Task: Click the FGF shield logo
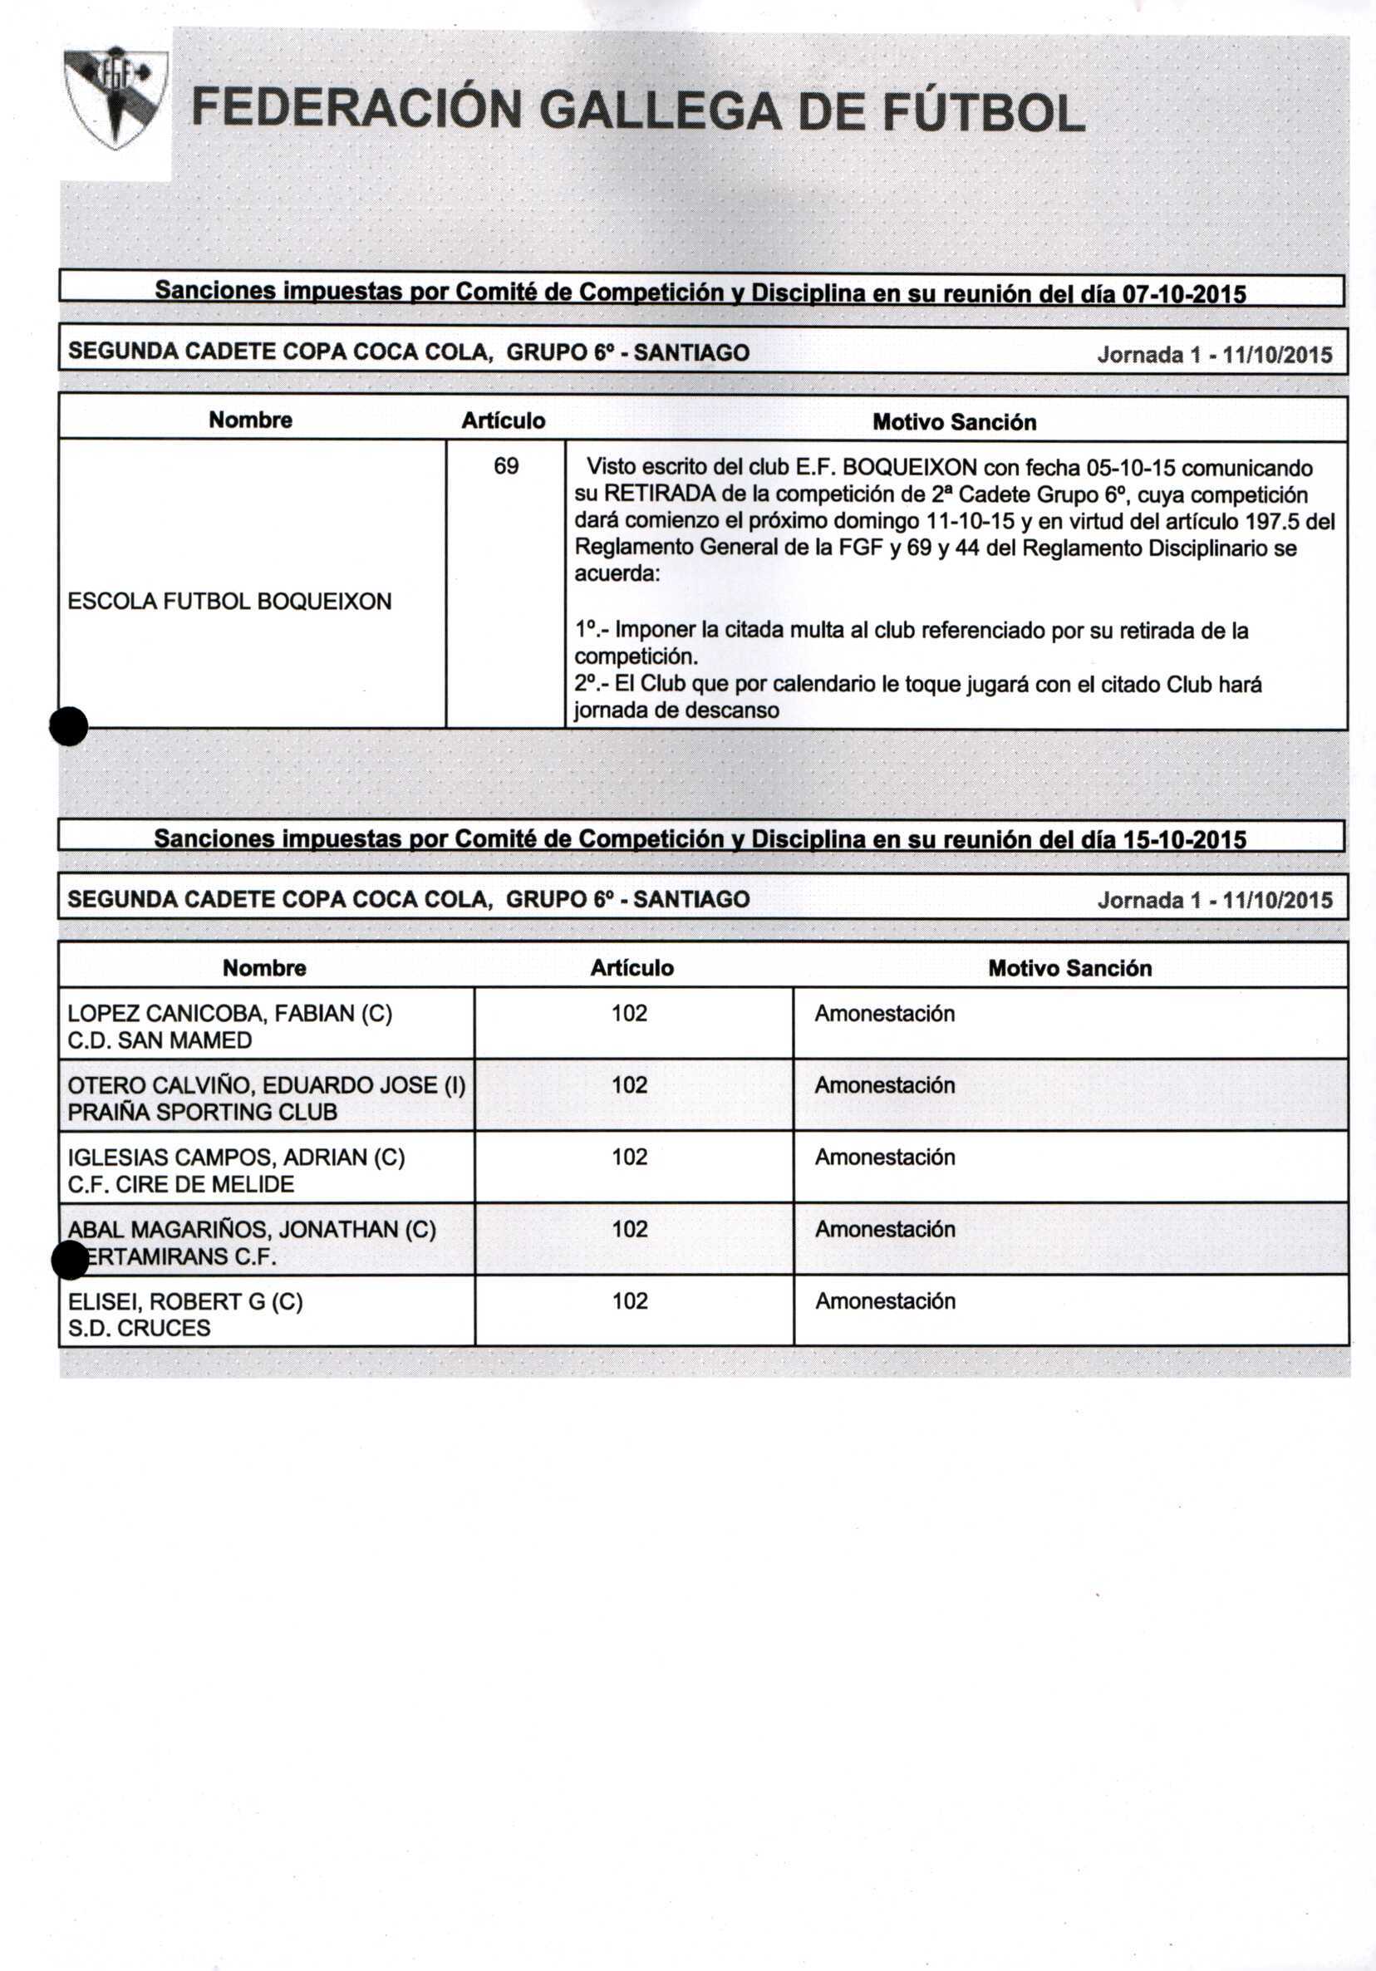click(115, 97)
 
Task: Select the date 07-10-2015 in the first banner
click(1185, 294)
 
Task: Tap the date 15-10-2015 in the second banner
click(1185, 839)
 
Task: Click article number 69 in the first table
click(505, 466)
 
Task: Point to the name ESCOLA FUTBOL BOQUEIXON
click(229, 601)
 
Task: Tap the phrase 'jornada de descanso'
click(676, 710)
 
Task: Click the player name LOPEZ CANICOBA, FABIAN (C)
click(229, 1014)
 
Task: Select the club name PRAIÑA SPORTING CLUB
click(203, 1113)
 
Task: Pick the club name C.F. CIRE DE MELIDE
click(180, 1185)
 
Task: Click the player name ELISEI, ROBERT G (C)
click(184, 1301)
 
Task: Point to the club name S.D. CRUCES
click(138, 1328)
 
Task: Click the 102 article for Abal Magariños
click(629, 1229)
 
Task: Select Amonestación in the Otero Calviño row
click(884, 1085)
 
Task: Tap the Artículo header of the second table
click(631, 968)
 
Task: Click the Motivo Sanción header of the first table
click(954, 422)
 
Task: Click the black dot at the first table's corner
click(69, 726)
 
